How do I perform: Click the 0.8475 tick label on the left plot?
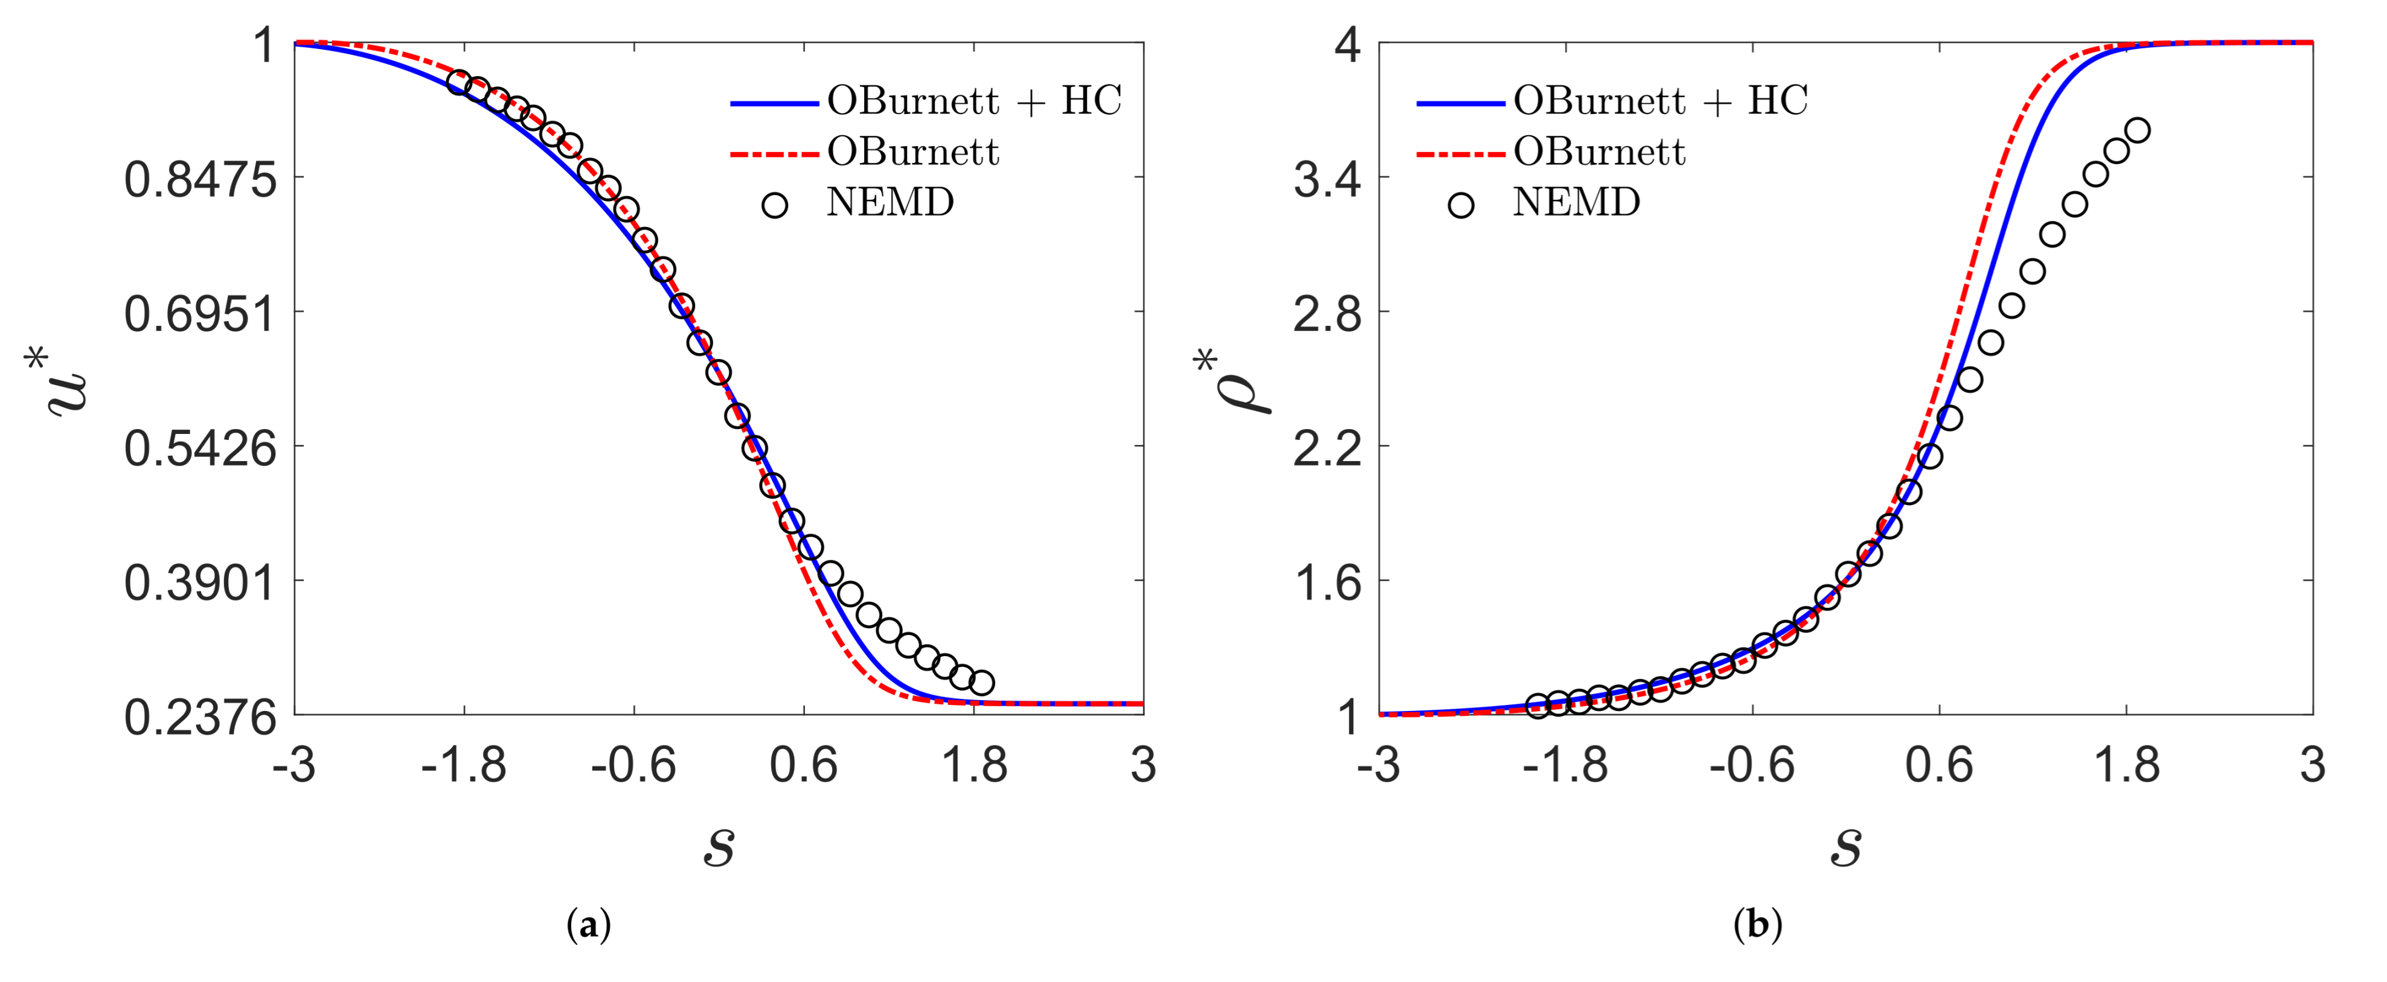coord(200,179)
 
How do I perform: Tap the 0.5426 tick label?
coord(200,448)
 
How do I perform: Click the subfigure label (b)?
coord(1758,925)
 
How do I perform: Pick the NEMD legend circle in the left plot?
coord(775,205)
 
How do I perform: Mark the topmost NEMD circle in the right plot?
coord(2137,130)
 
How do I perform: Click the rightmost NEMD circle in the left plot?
coord(981,683)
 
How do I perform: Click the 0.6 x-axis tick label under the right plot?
coord(1938,766)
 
